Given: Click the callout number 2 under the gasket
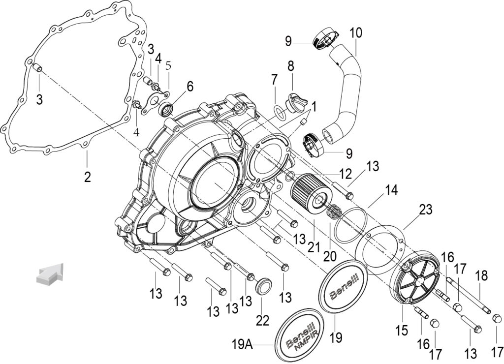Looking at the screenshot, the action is (88, 177).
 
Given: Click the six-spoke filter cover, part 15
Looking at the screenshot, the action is (414, 276).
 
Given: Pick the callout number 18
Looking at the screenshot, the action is (481, 275).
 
